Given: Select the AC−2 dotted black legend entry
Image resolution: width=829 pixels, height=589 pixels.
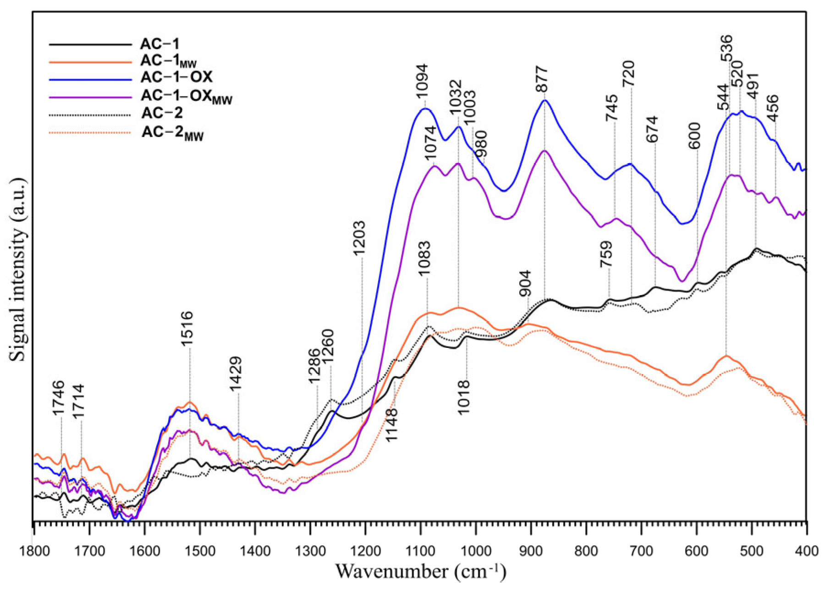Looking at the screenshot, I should point(162,112).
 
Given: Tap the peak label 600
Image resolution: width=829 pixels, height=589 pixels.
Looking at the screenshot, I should point(695,136).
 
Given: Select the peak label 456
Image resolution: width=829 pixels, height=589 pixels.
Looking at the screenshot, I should point(773,108).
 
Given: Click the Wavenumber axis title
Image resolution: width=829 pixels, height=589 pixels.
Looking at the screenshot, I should point(420,572).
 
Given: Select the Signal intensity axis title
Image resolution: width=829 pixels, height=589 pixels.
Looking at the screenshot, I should point(18,270).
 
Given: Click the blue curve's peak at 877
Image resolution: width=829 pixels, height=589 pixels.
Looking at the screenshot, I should point(545,100).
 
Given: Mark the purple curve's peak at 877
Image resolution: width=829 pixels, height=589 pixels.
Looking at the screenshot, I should point(544,150).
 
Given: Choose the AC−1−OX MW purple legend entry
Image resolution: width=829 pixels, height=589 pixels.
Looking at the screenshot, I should point(186,96).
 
